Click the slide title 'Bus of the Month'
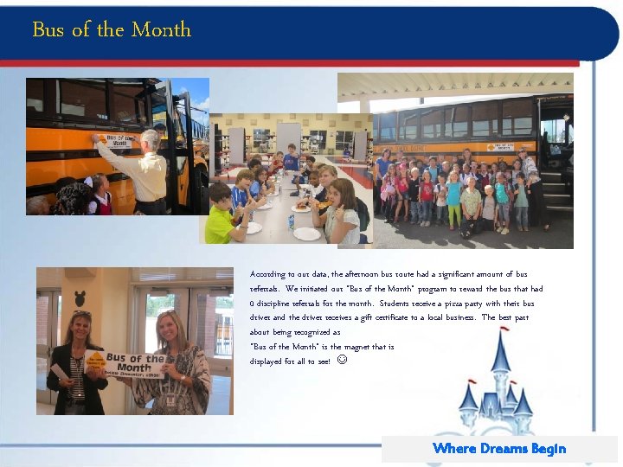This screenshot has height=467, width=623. pos(112,29)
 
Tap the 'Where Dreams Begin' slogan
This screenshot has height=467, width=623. pos(499,448)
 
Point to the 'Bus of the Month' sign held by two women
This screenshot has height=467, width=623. pos(136,363)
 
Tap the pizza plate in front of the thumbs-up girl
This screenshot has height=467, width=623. pos(301,208)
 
